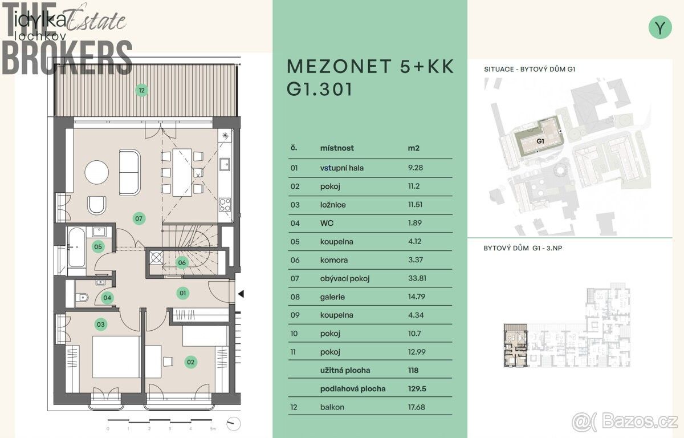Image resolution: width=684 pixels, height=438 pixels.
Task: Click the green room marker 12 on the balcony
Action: (x=141, y=91)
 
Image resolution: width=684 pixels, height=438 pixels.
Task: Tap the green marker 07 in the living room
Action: (x=139, y=218)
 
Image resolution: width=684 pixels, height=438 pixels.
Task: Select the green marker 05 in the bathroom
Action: (x=98, y=247)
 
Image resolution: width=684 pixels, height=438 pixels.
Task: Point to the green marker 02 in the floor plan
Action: (x=191, y=362)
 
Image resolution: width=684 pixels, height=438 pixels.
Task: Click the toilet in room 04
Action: (x=82, y=297)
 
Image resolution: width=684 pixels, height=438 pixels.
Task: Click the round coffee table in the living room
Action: (x=96, y=173)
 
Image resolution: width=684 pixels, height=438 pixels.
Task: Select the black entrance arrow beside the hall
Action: (x=241, y=294)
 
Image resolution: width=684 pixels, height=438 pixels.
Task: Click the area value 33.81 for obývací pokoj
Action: (x=417, y=278)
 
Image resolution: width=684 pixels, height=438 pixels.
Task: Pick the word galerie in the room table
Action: (x=332, y=297)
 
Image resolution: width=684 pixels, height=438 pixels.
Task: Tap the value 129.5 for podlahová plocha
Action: (x=417, y=389)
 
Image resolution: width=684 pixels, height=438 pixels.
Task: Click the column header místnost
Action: (x=337, y=148)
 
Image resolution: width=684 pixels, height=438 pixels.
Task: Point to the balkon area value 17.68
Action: (x=417, y=407)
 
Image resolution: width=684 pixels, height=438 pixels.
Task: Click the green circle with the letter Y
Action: (x=660, y=27)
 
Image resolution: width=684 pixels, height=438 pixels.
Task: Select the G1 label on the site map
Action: (x=540, y=141)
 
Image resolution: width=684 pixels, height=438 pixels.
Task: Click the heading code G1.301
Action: (x=320, y=89)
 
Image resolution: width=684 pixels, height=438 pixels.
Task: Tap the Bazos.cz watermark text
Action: (x=640, y=421)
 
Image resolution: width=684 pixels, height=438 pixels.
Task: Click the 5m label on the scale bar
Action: (x=213, y=429)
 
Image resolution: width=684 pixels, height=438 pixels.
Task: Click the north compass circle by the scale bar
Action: (x=234, y=424)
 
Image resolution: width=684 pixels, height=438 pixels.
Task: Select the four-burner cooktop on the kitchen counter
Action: (x=225, y=205)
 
